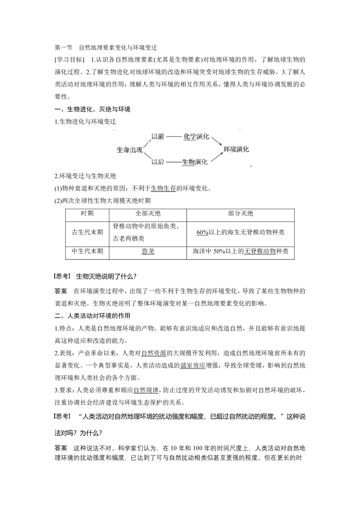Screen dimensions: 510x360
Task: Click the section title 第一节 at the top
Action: [63, 48]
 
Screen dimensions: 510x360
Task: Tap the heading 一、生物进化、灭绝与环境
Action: [93, 109]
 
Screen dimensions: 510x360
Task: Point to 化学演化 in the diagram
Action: [196, 137]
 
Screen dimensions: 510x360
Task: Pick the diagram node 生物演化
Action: [195, 162]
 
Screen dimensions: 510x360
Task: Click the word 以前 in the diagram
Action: [158, 137]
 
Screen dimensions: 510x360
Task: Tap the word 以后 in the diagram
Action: [158, 162]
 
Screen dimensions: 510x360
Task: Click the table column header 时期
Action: [87, 214]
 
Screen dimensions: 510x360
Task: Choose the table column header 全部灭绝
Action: [148, 214]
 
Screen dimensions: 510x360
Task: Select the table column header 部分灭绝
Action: [240, 214]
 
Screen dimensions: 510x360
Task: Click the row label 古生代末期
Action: [87, 232]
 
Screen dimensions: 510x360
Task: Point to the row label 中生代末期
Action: [87, 251]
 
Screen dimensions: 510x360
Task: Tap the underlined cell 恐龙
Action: [148, 251]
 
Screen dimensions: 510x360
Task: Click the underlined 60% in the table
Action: [203, 232]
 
